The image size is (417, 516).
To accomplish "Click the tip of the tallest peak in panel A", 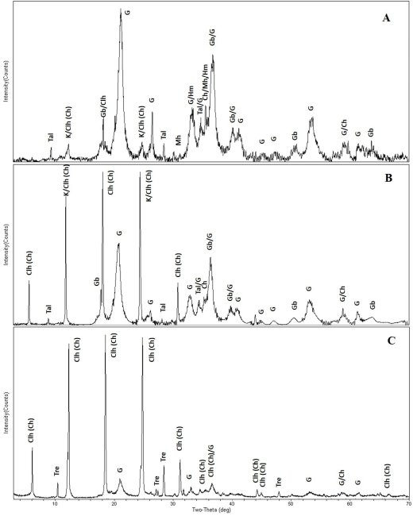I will tap(121, 16).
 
